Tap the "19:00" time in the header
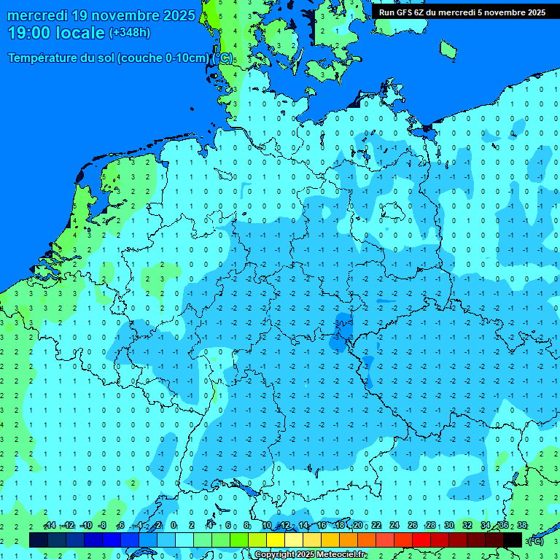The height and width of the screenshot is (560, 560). coord(28,33)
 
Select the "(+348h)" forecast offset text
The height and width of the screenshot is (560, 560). coord(129,33)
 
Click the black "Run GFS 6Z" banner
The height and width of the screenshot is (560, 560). coord(462,12)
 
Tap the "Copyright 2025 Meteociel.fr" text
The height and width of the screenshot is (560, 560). coord(311,555)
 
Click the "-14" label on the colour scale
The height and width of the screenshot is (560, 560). coord(50,526)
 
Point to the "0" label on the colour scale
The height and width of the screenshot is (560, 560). coord(174,526)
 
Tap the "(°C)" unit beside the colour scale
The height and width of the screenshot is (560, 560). coord(535,540)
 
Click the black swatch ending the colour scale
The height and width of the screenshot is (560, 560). coord(513,540)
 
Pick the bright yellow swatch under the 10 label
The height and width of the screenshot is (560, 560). coord(275,540)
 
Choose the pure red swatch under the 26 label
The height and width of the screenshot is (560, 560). coord(421,540)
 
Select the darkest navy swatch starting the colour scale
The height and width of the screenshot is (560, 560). coord(39,540)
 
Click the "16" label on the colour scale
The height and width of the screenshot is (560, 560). coord(322,526)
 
